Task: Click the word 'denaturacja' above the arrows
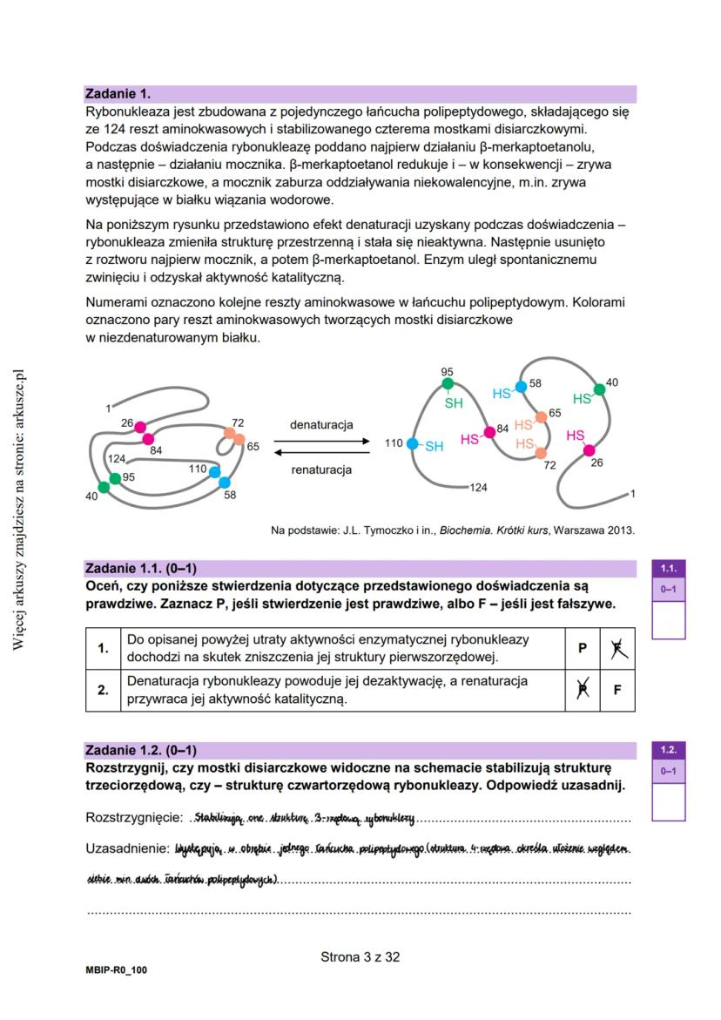(x=321, y=424)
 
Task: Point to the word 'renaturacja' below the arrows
(x=321, y=470)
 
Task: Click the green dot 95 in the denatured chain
(x=448, y=383)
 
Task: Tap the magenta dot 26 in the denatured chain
(x=590, y=450)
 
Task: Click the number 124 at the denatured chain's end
(x=478, y=487)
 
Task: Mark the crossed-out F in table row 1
(x=617, y=647)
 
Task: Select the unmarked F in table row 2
(x=617, y=690)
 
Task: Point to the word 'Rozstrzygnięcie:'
(x=134, y=819)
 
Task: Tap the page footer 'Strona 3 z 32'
(x=360, y=956)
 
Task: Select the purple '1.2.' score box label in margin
(x=668, y=749)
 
